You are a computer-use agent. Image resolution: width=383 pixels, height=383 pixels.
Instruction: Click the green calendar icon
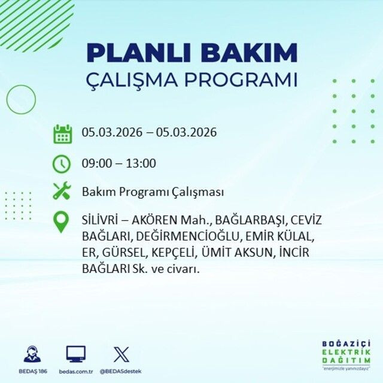click(x=62, y=133)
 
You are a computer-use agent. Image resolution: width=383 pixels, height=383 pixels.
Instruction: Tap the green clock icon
click(x=62, y=163)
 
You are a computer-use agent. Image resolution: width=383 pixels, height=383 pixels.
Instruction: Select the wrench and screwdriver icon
click(x=62, y=191)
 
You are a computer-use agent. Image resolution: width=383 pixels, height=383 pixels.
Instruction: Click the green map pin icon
click(x=62, y=222)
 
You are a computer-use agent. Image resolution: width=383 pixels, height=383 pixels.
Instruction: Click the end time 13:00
click(x=142, y=163)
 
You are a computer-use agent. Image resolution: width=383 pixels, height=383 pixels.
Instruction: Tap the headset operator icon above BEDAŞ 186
click(x=32, y=354)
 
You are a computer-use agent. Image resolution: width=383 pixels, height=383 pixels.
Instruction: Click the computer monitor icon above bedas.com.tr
click(x=75, y=354)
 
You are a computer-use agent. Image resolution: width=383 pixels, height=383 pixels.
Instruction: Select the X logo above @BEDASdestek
click(x=121, y=354)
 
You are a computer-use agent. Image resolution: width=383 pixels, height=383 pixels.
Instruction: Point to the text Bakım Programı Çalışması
click(x=153, y=192)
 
